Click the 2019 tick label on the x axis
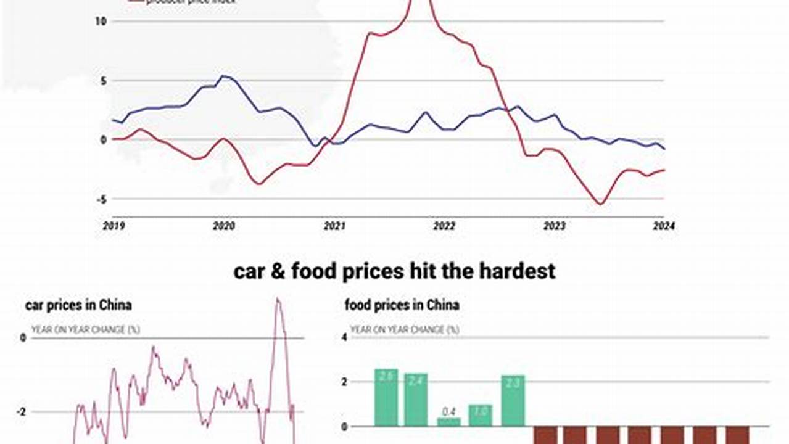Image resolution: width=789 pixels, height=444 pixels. click(x=114, y=226)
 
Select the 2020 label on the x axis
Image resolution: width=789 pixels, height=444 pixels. click(x=223, y=226)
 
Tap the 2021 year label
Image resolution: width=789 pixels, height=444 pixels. click(x=334, y=226)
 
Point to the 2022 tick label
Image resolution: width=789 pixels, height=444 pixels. click(x=444, y=226)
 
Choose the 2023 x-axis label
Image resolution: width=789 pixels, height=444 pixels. click(x=554, y=226)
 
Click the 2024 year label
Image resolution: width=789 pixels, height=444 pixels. click(x=664, y=226)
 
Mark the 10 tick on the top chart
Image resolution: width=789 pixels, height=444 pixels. click(x=101, y=21)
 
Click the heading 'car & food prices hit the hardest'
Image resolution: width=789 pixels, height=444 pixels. click(x=394, y=271)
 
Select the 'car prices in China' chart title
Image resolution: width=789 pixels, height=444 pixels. click(x=78, y=305)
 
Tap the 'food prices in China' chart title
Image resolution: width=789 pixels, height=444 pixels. click(x=402, y=305)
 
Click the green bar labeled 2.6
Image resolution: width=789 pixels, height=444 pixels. click(x=386, y=398)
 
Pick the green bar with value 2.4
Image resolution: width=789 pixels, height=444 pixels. click(x=416, y=400)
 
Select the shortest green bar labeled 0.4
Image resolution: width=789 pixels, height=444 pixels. click(x=449, y=422)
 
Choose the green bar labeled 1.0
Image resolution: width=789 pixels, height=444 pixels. click(x=481, y=415)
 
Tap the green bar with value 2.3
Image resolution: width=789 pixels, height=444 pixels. click(x=513, y=401)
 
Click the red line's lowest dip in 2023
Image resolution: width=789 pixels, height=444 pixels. click(x=599, y=204)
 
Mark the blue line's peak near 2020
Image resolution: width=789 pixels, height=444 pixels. click(x=223, y=76)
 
